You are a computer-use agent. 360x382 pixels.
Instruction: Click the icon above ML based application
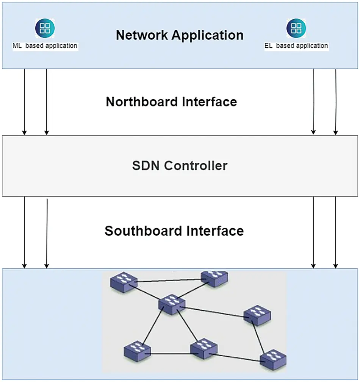45,28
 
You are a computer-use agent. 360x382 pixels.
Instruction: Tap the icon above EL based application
296,28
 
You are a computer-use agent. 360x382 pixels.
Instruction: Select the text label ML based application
45,46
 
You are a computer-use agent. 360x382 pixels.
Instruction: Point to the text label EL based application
296,46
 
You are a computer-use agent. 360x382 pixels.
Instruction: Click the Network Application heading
180,35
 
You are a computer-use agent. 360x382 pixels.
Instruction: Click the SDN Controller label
180,166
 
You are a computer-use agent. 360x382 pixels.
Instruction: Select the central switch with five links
172,304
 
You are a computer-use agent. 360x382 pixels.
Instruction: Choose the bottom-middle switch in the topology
204,348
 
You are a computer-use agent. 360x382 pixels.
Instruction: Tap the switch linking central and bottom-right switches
257,315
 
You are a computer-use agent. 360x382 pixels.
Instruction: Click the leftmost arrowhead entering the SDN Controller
25,132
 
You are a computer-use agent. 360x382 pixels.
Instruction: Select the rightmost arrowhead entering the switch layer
335,266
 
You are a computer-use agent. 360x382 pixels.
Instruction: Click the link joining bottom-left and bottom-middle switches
171,354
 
